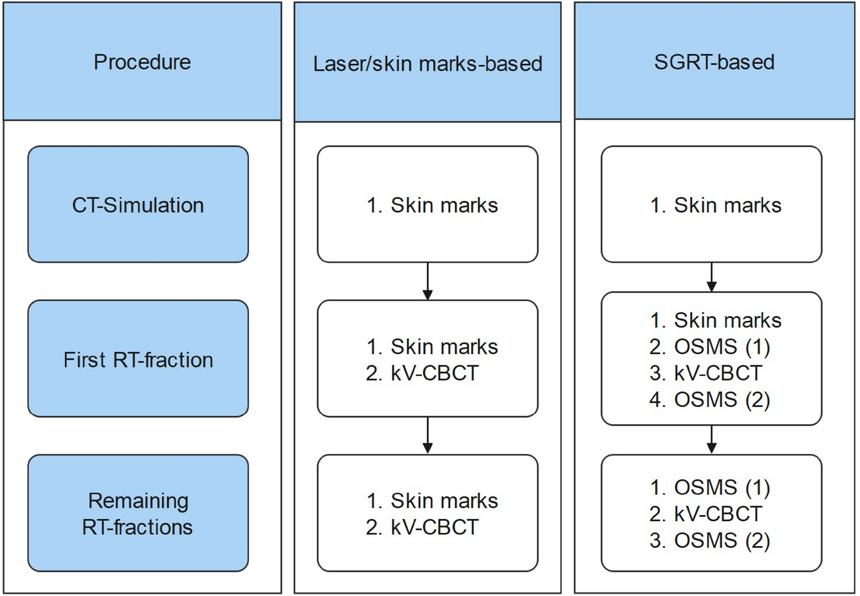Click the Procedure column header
[142, 62]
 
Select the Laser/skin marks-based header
[427, 63]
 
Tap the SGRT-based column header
[714, 62]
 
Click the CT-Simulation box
[138, 205]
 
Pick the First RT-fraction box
[138, 359]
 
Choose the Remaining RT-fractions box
[138, 514]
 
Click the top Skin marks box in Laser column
[427, 205]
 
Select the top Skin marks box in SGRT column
[711, 205]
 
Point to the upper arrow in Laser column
[428, 281]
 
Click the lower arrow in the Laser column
[428, 435]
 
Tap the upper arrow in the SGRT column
[711, 277]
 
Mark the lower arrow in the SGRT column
[711, 439]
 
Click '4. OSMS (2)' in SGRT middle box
[710, 400]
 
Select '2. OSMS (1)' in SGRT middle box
[710, 347]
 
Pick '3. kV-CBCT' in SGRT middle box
[706, 373]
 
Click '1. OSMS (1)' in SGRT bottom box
[710, 487]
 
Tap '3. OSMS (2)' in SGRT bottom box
[710, 540]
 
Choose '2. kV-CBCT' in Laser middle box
[422, 373]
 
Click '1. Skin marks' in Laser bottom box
[432, 501]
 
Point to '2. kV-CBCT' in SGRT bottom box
[706, 514]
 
